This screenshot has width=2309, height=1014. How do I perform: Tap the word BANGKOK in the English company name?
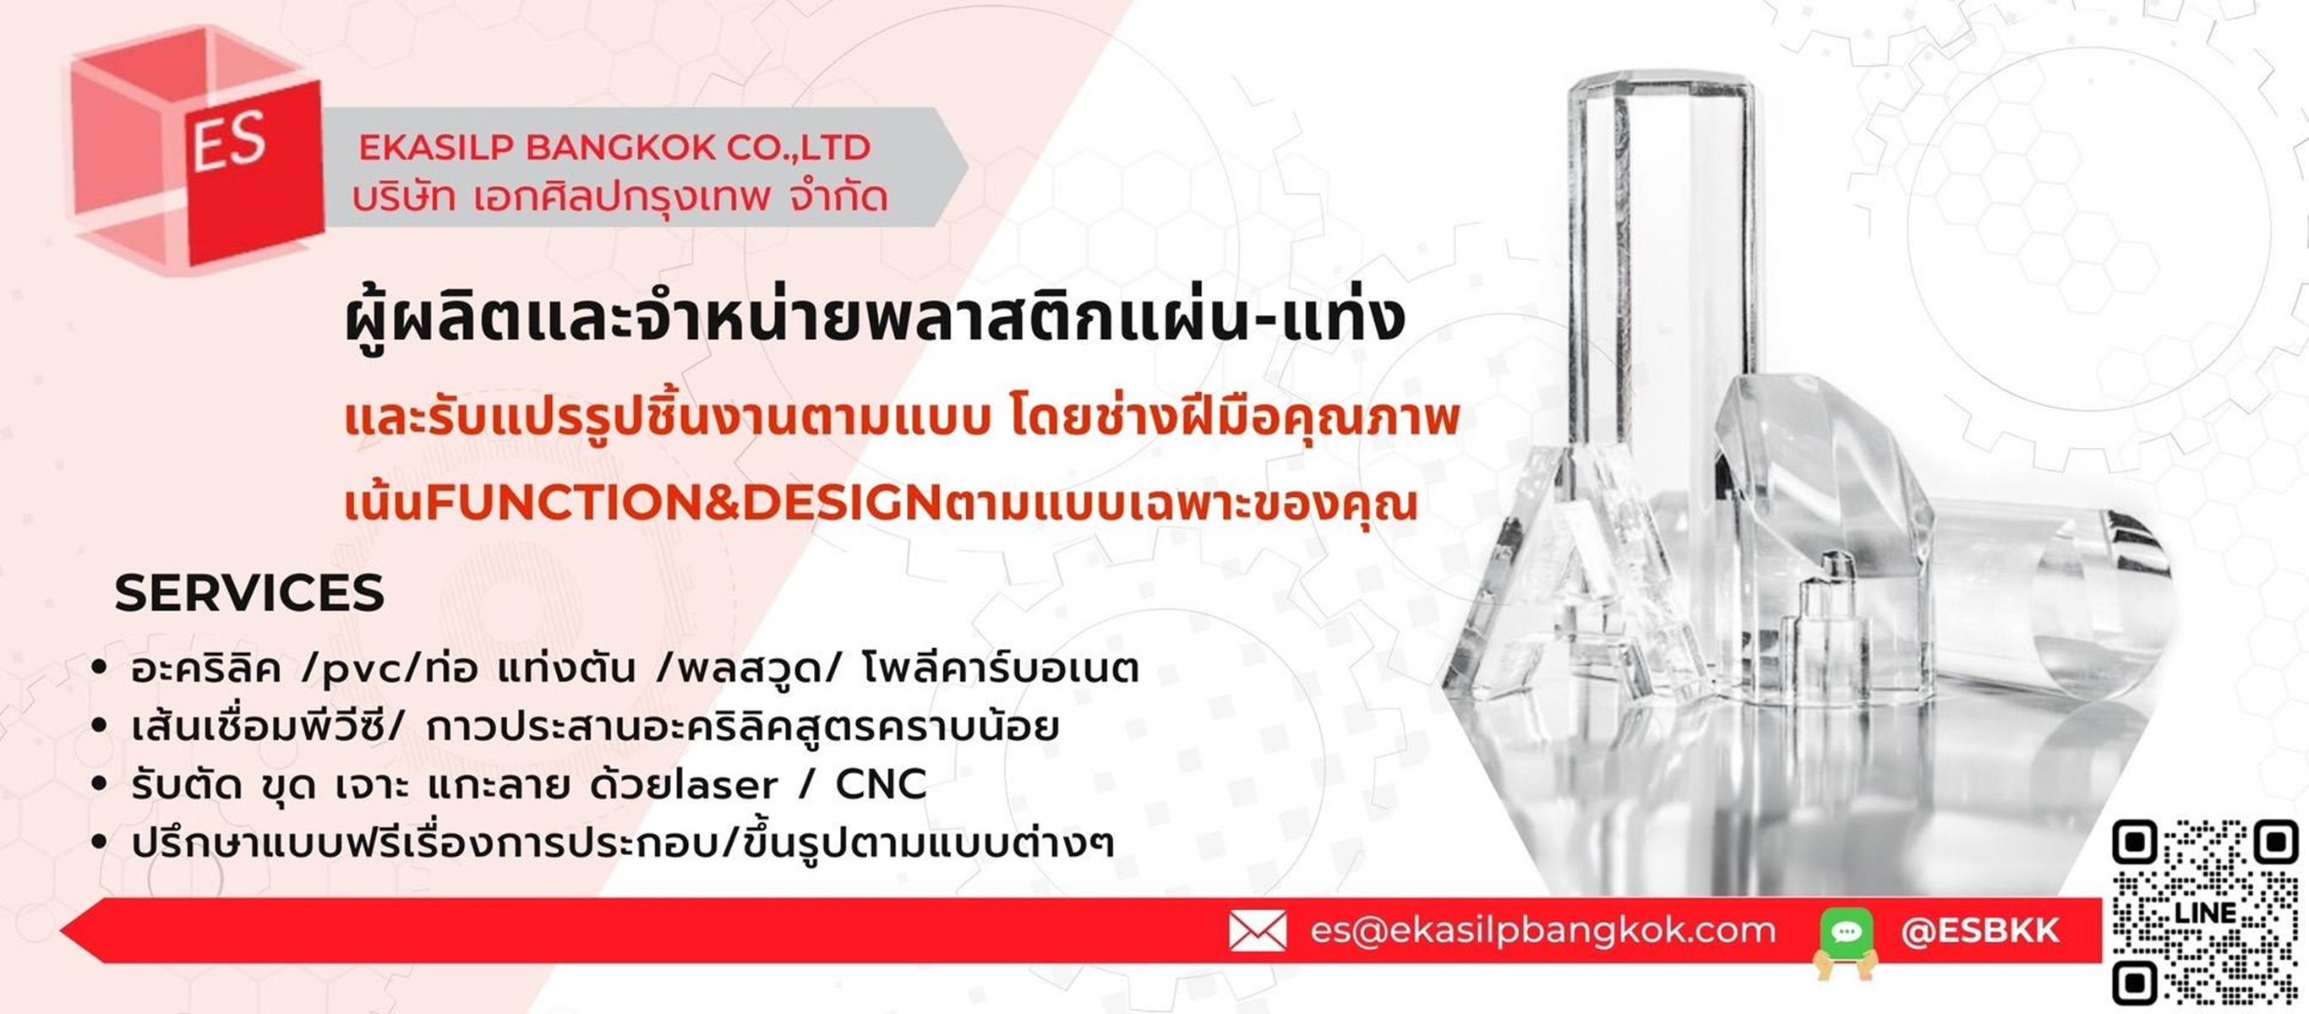[620, 148]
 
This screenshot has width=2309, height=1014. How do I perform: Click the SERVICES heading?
[249, 593]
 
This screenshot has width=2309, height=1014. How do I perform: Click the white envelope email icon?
[1257, 930]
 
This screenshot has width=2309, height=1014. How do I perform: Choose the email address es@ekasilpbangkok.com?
[1542, 930]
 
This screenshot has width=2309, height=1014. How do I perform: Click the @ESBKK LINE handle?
[1980, 930]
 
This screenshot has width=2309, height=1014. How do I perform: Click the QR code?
[2205, 912]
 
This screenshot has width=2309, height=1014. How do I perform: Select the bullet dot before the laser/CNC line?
[100, 784]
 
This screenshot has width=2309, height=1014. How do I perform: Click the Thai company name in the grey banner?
[620, 197]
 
